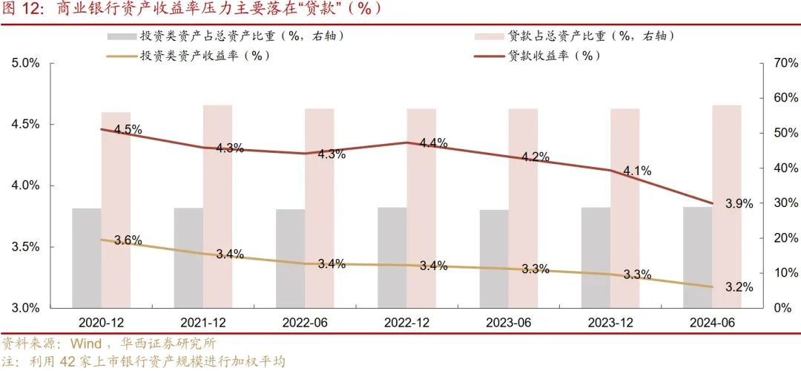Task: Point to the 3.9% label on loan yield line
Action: (739, 203)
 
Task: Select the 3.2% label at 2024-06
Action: (739, 286)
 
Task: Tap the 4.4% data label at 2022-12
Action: (433, 143)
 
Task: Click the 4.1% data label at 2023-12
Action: (637, 171)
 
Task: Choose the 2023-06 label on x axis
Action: (509, 324)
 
